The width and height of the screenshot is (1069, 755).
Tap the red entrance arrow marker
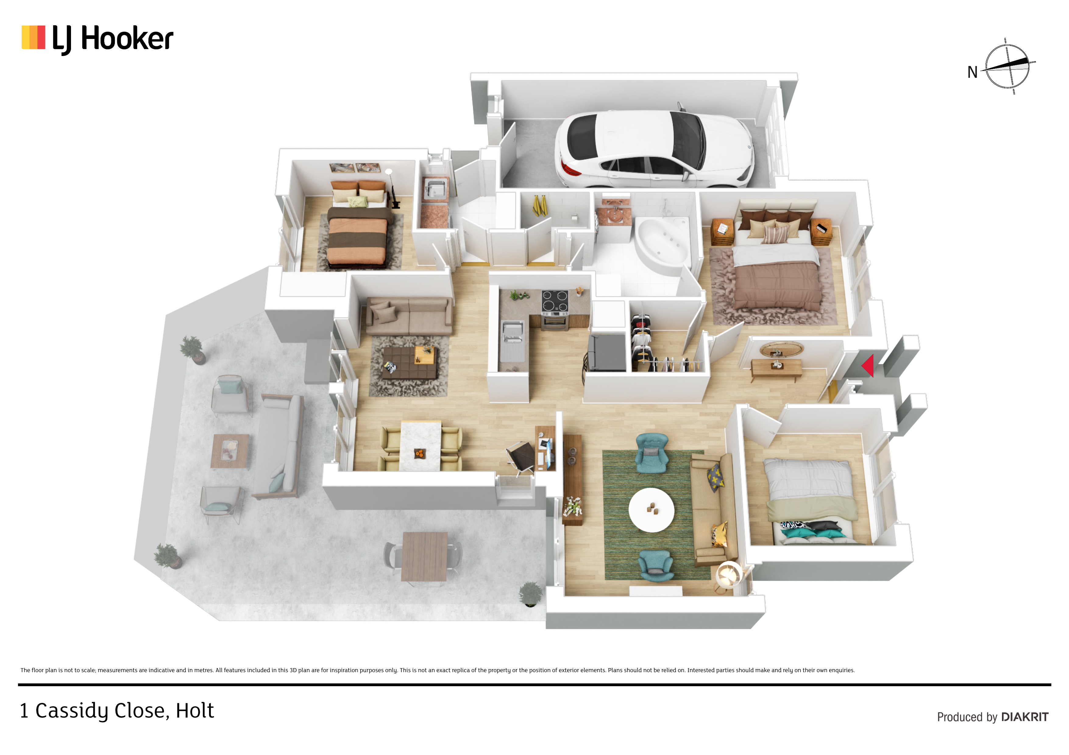[x=867, y=365]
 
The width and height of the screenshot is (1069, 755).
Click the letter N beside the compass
[x=972, y=72]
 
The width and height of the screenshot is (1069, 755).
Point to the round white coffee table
[x=651, y=509]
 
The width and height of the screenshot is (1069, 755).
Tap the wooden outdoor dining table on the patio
[x=424, y=557]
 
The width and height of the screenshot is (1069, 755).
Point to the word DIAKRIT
[x=1025, y=717]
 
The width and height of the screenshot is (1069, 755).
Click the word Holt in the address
[x=195, y=710]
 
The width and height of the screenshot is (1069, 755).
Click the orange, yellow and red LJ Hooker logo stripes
[x=34, y=37]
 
